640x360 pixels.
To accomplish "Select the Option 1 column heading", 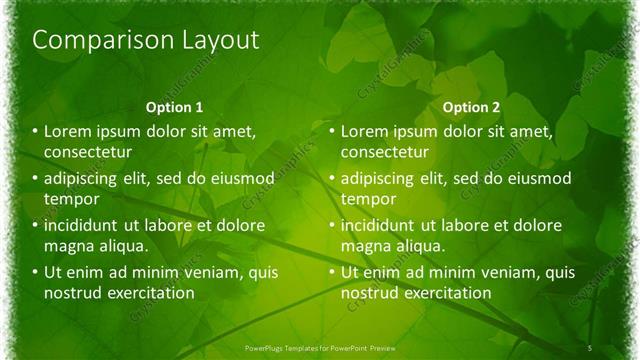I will click(174, 106).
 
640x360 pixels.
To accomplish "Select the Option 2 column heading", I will click(471, 106).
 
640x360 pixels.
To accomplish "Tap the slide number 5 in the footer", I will click(589, 346).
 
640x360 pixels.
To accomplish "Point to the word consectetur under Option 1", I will click(89, 152).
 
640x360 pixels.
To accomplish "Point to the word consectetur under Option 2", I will click(385, 152).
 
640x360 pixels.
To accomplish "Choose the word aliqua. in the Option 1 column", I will click(122, 246).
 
